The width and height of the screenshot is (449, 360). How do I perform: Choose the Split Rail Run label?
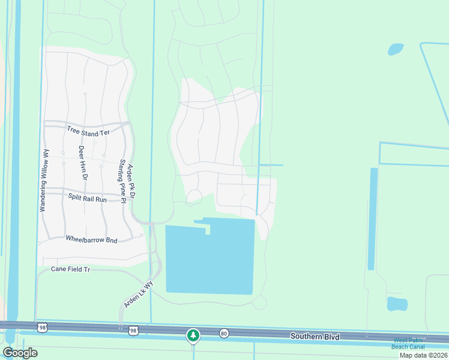tap(87, 198)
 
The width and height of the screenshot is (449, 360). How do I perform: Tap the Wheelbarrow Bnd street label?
tap(91, 239)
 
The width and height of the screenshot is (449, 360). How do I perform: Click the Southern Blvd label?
tap(315, 337)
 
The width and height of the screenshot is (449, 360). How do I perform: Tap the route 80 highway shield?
tap(224, 332)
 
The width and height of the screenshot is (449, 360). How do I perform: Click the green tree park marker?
tap(193, 335)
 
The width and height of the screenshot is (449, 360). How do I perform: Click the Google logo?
tap(20, 353)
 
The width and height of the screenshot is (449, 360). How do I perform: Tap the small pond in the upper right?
tap(396, 49)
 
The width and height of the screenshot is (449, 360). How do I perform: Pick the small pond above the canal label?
tap(397, 304)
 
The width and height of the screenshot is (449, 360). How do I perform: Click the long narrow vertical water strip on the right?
tap(373, 219)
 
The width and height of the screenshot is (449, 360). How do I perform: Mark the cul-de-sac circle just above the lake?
tap(194, 197)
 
